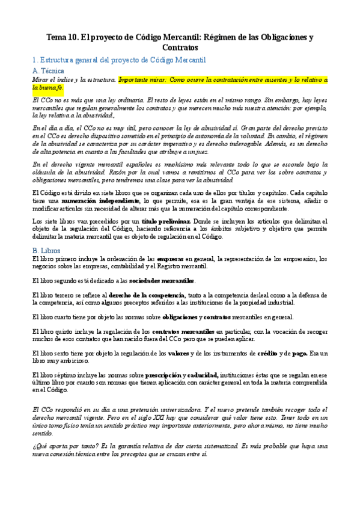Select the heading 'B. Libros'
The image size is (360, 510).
point(46,250)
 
